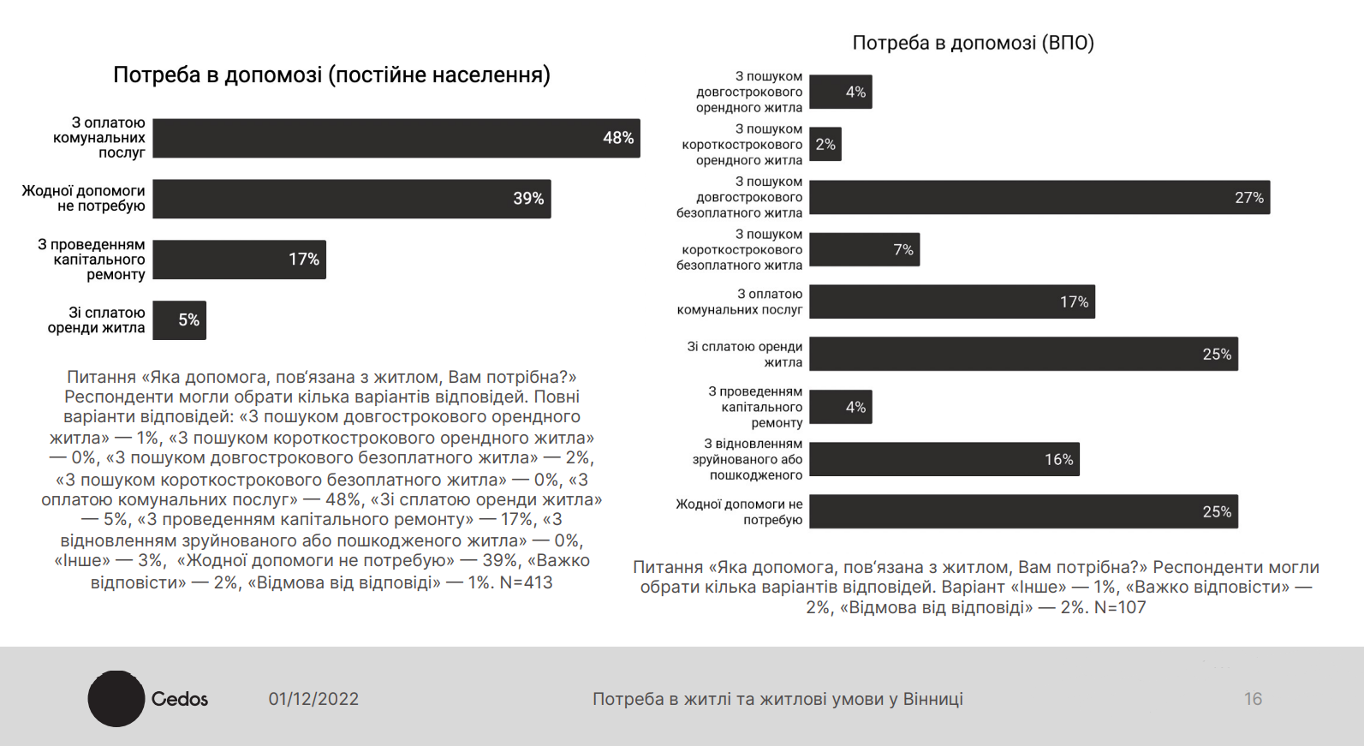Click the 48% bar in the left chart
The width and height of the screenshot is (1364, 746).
[396, 138]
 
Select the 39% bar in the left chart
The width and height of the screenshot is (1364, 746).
[351, 199]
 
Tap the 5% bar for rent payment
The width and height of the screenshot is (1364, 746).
[179, 320]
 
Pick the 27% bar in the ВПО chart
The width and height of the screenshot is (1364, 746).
[1039, 197]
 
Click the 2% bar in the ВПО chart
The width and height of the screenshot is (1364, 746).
[825, 145]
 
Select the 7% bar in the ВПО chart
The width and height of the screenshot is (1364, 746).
[864, 249]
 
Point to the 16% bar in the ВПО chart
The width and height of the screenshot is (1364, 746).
[944, 459]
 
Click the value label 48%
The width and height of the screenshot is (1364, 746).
[618, 138]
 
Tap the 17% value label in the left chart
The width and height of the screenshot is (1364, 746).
[304, 260]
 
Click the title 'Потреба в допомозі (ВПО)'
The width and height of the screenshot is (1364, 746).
[973, 43]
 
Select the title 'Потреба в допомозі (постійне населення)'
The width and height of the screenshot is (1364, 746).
[331, 75]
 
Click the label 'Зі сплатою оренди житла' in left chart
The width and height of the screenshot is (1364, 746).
[96, 320]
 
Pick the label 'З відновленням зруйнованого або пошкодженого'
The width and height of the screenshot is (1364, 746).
[748, 459]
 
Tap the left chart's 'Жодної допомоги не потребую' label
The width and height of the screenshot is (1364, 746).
[83, 199]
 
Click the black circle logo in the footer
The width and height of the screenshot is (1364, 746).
[116, 699]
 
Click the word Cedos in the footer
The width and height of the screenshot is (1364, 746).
[180, 699]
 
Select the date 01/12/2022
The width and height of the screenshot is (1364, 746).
[313, 699]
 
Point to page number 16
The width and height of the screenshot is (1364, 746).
[1253, 699]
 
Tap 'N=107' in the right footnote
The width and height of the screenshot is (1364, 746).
[1119, 607]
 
